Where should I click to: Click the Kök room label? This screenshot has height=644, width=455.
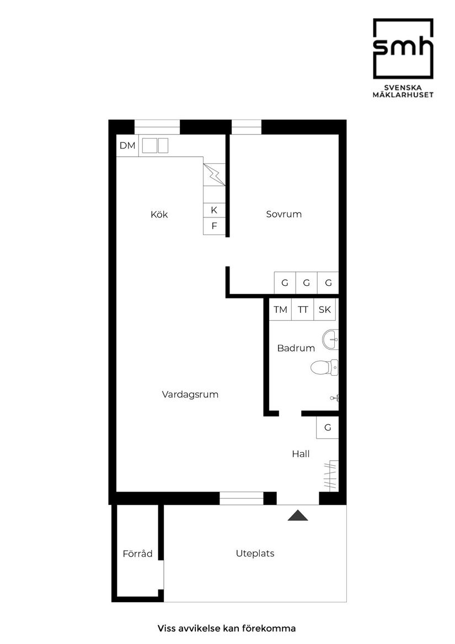(x=159, y=215)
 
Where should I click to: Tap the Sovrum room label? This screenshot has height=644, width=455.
(x=283, y=214)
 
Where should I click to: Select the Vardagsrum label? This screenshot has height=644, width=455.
(x=190, y=395)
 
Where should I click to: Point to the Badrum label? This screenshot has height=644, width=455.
(x=296, y=348)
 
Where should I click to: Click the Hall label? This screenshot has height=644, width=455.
(x=301, y=454)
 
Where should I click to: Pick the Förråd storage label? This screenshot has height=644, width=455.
(x=137, y=553)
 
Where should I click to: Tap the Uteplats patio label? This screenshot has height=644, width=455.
(x=255, y=553)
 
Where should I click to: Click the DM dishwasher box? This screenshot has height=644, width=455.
(x=127, y=146)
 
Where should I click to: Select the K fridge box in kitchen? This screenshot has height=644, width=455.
(x=214, y=210)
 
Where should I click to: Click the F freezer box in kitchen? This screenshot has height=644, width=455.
(x=214, y=226)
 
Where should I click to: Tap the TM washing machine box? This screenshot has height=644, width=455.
(x=281, y=310)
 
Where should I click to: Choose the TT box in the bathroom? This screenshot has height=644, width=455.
(x=303, y=310)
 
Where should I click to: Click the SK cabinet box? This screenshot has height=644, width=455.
(x=325, y=310)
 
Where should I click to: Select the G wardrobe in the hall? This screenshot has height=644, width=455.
(x=327, y=428)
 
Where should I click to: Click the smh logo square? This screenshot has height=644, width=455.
(x=403, y=49)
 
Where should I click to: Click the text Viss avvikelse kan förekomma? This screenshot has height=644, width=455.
(x=227, y=628)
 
